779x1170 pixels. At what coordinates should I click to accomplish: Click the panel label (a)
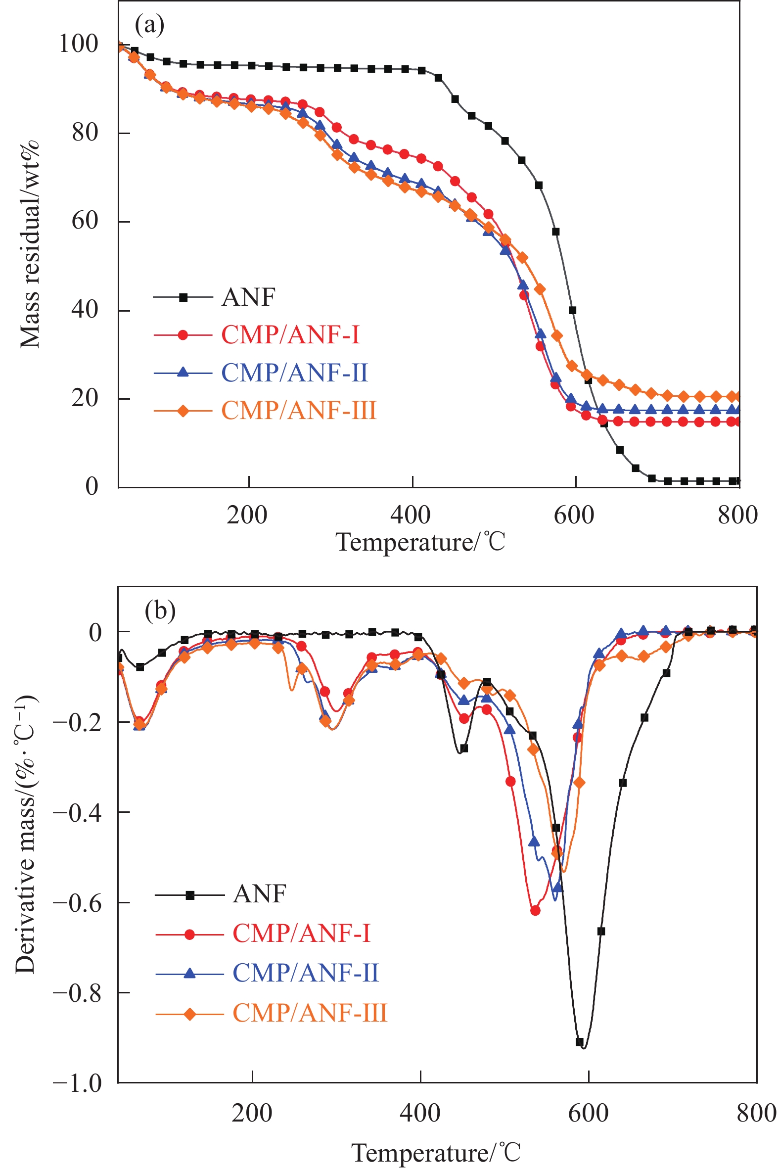pyautogui.click(x=149, y=25)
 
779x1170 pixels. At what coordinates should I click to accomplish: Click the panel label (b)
pyautogui.click(x=159, y=610)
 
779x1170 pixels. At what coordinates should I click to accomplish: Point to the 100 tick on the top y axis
pyautogui.click(x=79, y=44)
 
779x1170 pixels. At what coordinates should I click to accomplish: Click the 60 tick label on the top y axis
pyautogui.click(x=85, y=221)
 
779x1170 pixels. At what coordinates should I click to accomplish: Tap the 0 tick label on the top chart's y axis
pyautogui.click(x=92, y=486)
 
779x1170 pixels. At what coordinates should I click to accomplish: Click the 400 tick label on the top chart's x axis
pyautogui.click(x=411, y=515)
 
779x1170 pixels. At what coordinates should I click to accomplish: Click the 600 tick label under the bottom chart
pyautogui.click(x=588, y=1114)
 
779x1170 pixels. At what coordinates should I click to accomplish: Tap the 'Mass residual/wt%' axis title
pyautogui.click(x=30, y=244)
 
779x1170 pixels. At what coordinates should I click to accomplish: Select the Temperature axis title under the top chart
pyautogui.click(x=420, y=542)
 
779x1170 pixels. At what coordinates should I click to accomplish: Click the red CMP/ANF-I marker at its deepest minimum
pyautogui.click(x=535, y=911)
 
